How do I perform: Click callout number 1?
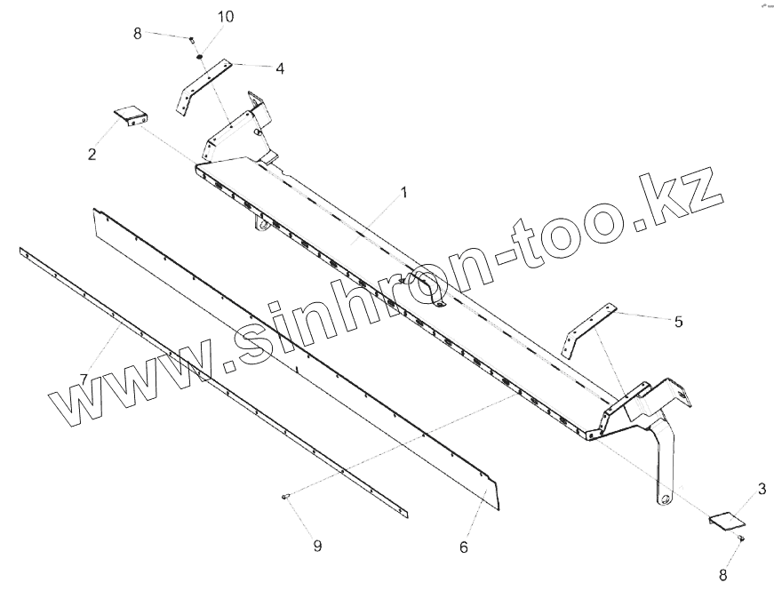(403, 192)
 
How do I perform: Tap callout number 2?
(92, 155)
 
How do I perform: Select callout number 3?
(762, 489)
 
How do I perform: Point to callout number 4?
(279, 68)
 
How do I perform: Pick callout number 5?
(678, 322)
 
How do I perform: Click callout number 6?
(464, 547)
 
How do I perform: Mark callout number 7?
(84, 379)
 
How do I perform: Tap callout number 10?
(226, 18)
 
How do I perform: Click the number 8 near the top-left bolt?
(138, 34)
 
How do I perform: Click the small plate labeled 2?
(131, 116)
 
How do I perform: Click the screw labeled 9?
(287, 496)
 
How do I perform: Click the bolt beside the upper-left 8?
(191, 39)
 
